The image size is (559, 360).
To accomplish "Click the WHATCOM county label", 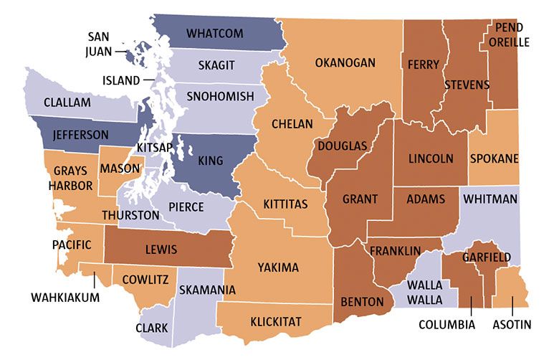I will pos(214,34).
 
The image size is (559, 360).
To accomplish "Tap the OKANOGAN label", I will pos(345,63).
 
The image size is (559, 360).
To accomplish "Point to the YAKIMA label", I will pos(277,267).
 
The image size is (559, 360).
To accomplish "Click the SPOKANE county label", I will pos(494,158).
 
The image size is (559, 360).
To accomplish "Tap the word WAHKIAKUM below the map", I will pos(65,296).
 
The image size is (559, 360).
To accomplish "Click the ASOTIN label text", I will pos(512,325).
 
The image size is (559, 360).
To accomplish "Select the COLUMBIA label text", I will pos(447,325).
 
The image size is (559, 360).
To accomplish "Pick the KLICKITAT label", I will pos(275,321).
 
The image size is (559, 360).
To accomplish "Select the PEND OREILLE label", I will pos(509,35).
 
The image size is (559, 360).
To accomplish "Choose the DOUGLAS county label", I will pos(343,146).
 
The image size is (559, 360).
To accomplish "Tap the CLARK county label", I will pos(151,328).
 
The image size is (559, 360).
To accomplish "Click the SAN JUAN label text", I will pos(100,44).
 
